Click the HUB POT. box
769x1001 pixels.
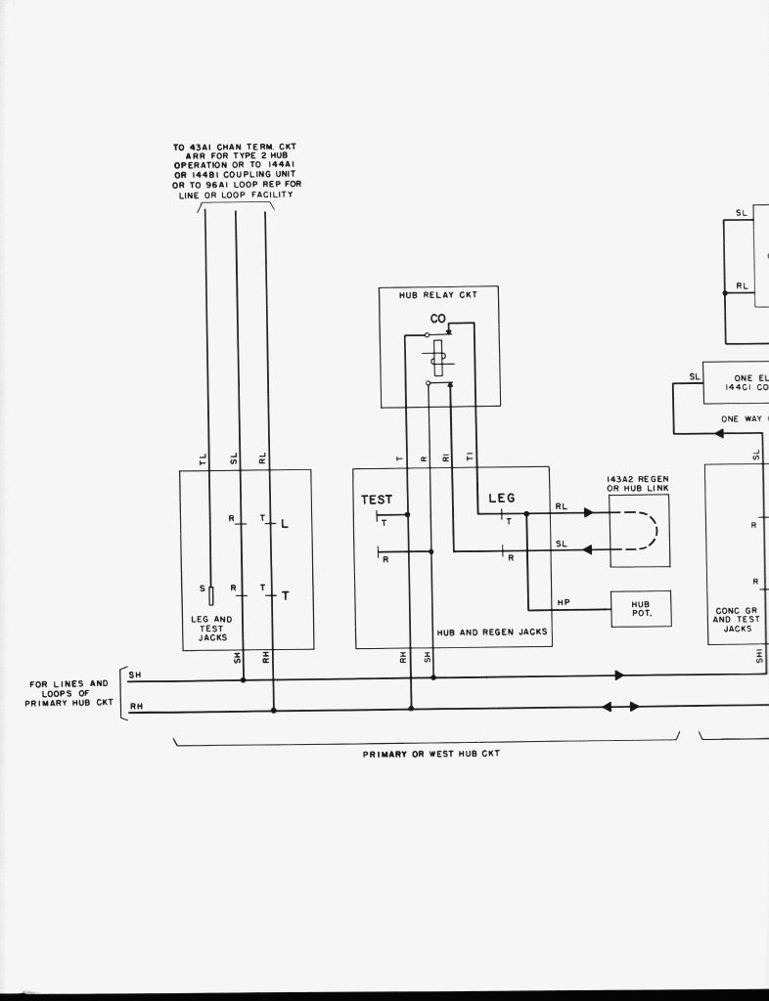coord(641,609)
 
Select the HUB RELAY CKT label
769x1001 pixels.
coord(438,294)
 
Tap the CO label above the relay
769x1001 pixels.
coord(437,319)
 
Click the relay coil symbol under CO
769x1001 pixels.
coord(438,357)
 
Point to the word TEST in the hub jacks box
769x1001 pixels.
coord(377,500)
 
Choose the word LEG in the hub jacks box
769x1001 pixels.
coord(501,499)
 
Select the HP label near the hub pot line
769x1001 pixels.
coord(564,603)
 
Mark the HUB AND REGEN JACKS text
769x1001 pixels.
coord(492,632)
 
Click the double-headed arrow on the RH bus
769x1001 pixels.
coord(620,706)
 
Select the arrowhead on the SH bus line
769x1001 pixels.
coord(619,675)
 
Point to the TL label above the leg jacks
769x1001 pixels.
coord(204,457)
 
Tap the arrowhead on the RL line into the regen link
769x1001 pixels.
coord(588,512)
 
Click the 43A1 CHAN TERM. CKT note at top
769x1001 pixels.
coord(236,171)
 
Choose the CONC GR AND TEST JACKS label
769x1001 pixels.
coord(737,619)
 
